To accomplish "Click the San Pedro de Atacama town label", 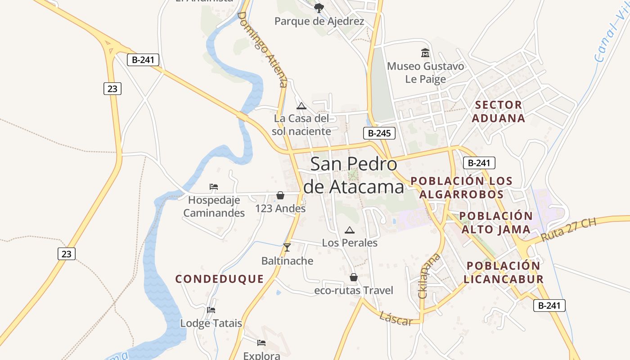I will point(354,175).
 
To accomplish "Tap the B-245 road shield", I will point(379,133).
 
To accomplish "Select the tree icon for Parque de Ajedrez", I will point(319,8).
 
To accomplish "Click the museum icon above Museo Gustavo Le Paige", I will point(425,53).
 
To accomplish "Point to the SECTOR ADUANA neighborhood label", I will point(499,112).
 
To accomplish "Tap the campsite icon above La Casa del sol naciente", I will point(301,106).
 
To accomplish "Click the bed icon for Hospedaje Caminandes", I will point(214,186).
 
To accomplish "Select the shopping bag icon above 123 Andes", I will point(280,195).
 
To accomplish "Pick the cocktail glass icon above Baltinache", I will point(287,247).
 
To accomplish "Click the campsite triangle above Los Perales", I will point(349,230).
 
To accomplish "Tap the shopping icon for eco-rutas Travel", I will point(354,277).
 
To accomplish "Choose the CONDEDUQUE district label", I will point(220,279).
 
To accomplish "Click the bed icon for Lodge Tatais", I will point(211,310).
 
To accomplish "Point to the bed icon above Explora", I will point(261,343).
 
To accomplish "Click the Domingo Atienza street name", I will point(262,49).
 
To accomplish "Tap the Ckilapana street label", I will point(428,276).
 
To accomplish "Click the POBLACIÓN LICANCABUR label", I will point(504,272).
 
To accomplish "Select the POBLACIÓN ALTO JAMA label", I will point(496,223).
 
